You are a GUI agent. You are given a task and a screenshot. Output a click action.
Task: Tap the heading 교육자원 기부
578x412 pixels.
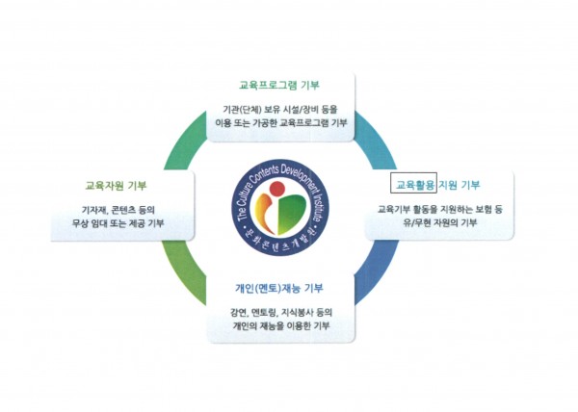click(111, 185)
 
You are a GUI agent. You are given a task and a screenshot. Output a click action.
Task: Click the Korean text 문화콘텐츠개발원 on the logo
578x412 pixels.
click(279, 243)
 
